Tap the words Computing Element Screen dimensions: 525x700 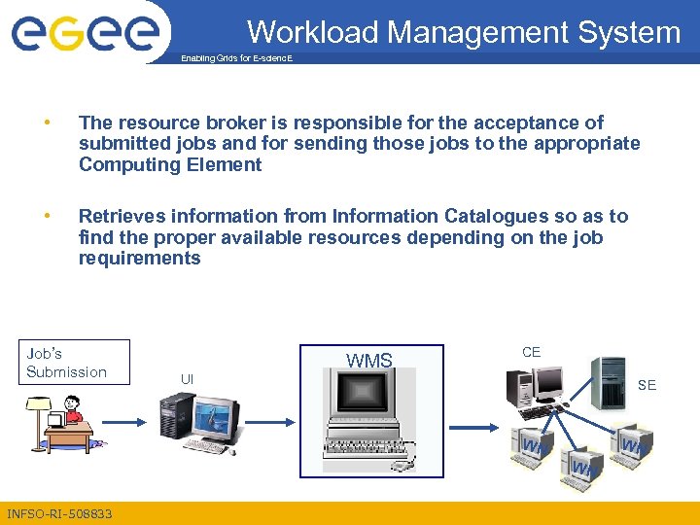170,164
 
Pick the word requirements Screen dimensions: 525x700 139,258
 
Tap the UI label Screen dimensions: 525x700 187,378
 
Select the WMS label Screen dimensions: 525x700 369,362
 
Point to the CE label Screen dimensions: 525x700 531,352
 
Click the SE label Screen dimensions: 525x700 647,385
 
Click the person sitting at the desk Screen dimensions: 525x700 71,412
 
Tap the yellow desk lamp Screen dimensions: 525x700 39,406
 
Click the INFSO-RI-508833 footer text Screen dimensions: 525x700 58,513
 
